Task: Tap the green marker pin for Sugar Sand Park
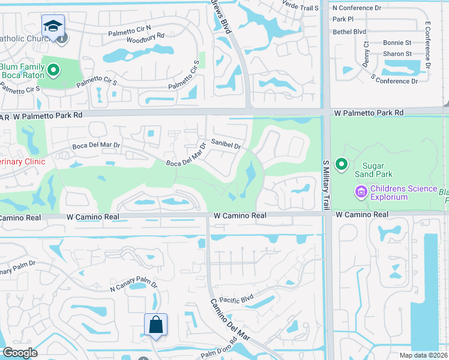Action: click(342, 164)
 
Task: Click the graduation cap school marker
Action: click(53, 26)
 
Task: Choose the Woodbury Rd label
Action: click(145, 42)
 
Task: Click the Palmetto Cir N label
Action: click(131, 33)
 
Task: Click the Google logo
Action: click(20, 353)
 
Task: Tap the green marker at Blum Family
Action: click(53, 71)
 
